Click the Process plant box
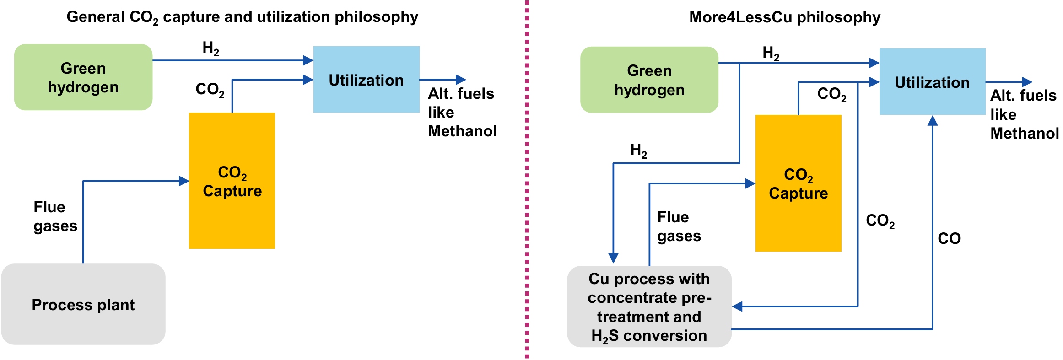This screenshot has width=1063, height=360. [x=83, y=304]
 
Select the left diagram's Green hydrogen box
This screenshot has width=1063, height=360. [x=83, y=77]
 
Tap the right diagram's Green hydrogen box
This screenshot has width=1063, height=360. [x=649, y=80]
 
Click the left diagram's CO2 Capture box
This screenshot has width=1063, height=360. [x=232, y=181]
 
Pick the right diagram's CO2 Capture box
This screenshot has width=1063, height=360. [x=798, y=183]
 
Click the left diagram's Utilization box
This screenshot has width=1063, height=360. [x=366, y=80]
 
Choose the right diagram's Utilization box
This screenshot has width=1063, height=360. [x=932, y=82]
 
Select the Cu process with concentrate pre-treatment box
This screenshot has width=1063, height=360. [x=649, y=306]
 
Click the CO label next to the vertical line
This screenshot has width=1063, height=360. [x=949, y=238]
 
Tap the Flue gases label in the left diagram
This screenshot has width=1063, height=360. [x=55, y=216]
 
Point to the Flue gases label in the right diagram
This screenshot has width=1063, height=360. [x=679, y=226]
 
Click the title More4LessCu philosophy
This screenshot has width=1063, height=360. [x=784, y=17]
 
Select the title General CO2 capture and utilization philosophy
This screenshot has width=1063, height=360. [x=242, y=17]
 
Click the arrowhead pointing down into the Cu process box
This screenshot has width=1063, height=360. [x=613, y=258]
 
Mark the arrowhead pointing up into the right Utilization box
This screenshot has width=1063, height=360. [x=932, y=121]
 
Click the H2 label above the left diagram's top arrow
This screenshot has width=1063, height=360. [x=210, y=48]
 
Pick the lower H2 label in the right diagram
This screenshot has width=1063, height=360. [x=638, y=150]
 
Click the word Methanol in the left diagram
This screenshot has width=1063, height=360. [x=462, y=131]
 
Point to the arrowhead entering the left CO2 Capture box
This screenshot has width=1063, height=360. [x=184, y=181]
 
